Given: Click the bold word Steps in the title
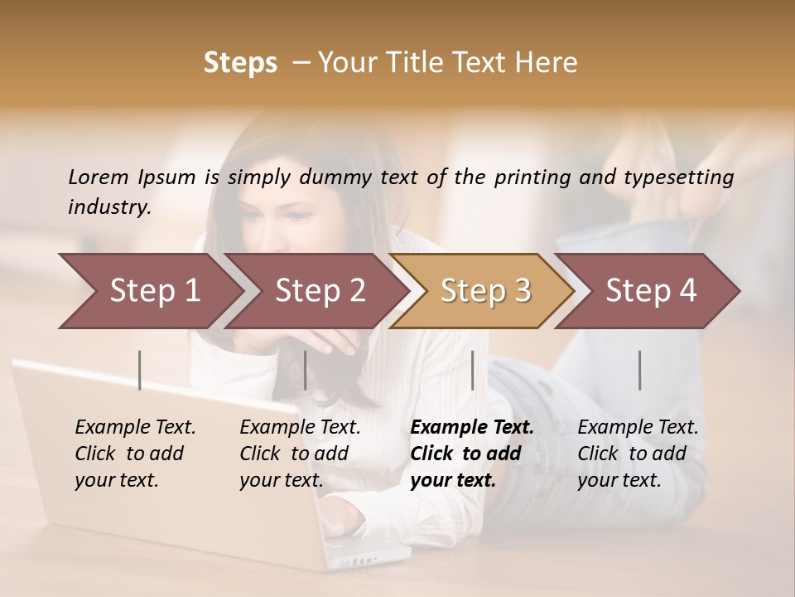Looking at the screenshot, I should pyautogui.click(x=240, y=63).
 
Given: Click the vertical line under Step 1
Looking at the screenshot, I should pyautogui.click(x=140, y=370).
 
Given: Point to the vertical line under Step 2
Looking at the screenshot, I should pyautogui.click(x=306, y=370).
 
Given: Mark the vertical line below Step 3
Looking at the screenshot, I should pyautogui.click(x=472, y=370).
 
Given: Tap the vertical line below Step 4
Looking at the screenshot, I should pyautogui.click(x=639, y=370).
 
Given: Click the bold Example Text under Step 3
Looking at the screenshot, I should pyautogui.click(x=472, y=454).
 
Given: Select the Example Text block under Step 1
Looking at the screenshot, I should pyautogui.click(x=135, y=454).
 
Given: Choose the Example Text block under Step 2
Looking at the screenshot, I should pyautogui.click(x=300, y=454).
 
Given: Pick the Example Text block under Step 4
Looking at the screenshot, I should pyautogui.click(x=638, y=454).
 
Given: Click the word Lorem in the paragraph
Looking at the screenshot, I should pyautogui.click(x=99, y=177).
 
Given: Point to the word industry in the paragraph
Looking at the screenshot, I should pyautogui.click(x=109, y=207).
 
